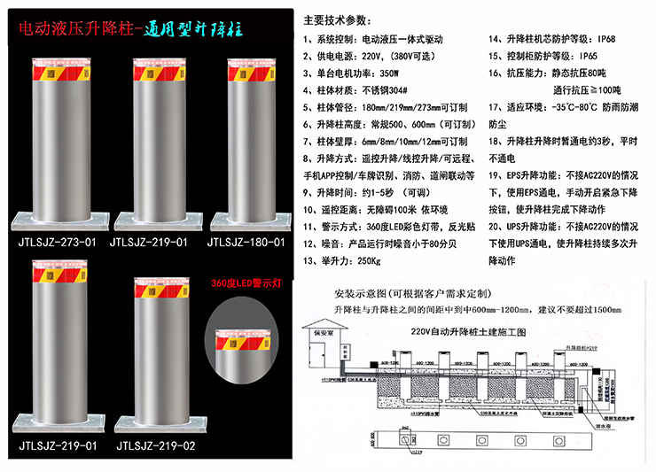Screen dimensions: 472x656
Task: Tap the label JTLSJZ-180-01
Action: click(246, 241)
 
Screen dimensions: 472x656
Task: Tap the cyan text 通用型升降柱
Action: click(194, 29)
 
